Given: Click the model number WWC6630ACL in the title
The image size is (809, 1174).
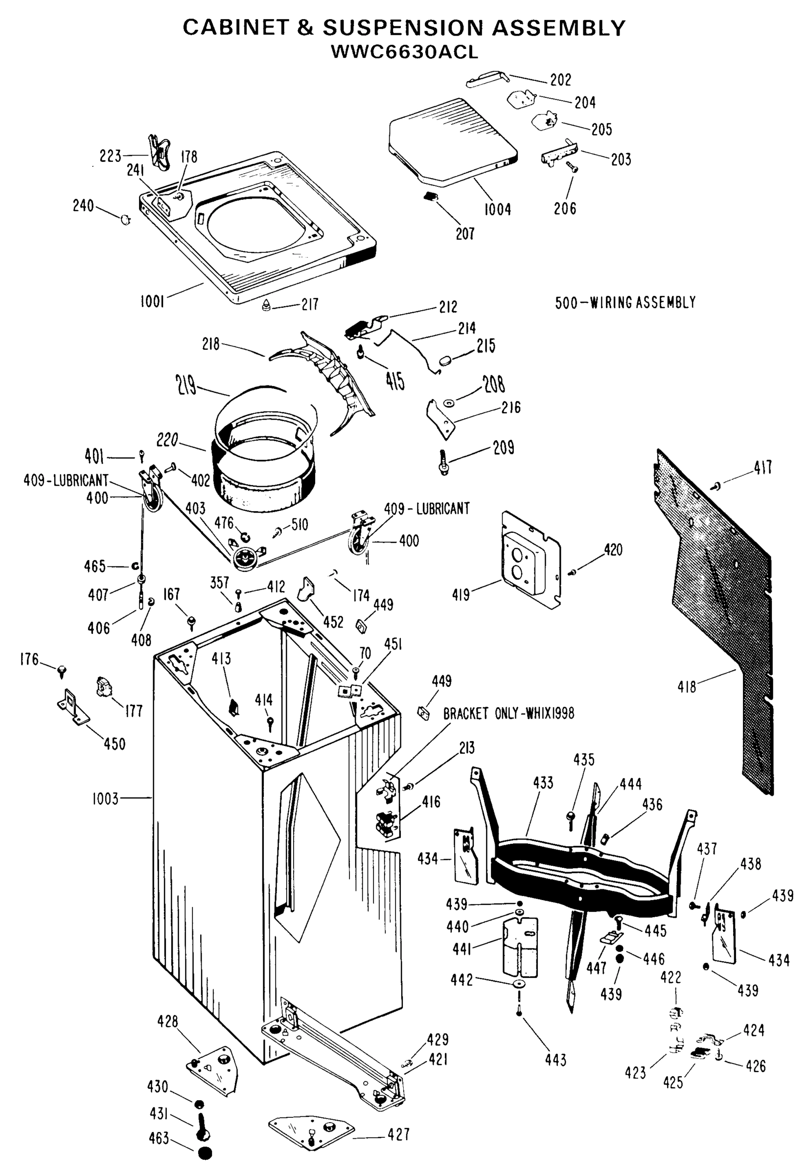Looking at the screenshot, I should click(404, 52).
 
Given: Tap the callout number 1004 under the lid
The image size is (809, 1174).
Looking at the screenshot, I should click(497, 209).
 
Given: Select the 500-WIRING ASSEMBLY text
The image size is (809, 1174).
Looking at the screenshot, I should click(625, 302).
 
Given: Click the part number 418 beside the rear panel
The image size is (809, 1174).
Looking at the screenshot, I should click(687, 687).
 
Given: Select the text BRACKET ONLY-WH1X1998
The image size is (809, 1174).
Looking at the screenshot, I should click(509, 713).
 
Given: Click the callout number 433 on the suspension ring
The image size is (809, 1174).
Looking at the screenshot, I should click(543, 783).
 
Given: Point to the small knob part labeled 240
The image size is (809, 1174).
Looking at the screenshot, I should click(125, 220).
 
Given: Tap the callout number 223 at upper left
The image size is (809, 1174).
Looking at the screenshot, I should click(110, 156).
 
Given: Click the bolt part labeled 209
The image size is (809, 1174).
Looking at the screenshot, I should click(444, 462).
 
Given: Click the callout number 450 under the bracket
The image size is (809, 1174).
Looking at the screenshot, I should click(115, 744).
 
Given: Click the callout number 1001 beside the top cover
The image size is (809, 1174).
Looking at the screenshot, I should click(152, 301).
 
